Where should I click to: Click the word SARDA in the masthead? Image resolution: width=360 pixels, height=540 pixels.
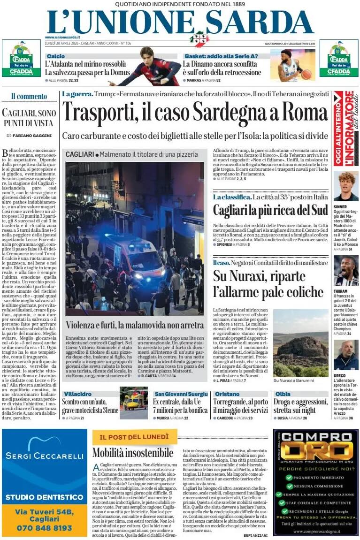pos(260,22)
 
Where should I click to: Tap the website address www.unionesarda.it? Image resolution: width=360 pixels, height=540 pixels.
pos(62,37)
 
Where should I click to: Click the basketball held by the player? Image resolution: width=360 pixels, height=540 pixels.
pos(306,74)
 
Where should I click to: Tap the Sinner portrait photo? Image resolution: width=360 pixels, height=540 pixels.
pos(345,186)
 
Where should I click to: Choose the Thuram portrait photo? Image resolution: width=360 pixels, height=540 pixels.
pos(345,271)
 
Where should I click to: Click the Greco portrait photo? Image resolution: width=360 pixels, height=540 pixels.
pos(345,355)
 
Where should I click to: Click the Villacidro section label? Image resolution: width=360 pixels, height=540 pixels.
pos(77,394)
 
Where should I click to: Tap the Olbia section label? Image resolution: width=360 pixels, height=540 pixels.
pos(283,394)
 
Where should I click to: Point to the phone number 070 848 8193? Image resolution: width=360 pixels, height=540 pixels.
pos(44,528)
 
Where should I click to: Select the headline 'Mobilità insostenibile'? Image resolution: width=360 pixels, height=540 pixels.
pos(133,453)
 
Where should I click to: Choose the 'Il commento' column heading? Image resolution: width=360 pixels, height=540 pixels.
pos(29,97)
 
